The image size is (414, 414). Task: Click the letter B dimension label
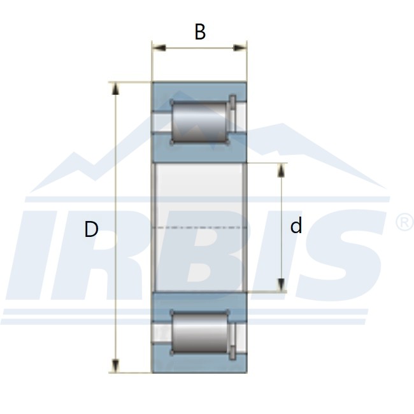pos(200,32)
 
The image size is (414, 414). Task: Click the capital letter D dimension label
pos(91,229)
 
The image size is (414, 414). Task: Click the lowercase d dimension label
pos(296,225)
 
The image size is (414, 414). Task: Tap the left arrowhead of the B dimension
pos(159,48)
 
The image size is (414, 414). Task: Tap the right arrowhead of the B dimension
pos(239,48)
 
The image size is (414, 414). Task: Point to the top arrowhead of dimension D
pos(115,89)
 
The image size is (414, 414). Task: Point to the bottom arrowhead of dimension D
pos(115,366)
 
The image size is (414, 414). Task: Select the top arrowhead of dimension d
pos(282,170)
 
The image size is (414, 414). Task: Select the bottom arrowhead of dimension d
pos(282,285)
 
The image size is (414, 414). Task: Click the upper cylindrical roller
pos(199,122)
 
